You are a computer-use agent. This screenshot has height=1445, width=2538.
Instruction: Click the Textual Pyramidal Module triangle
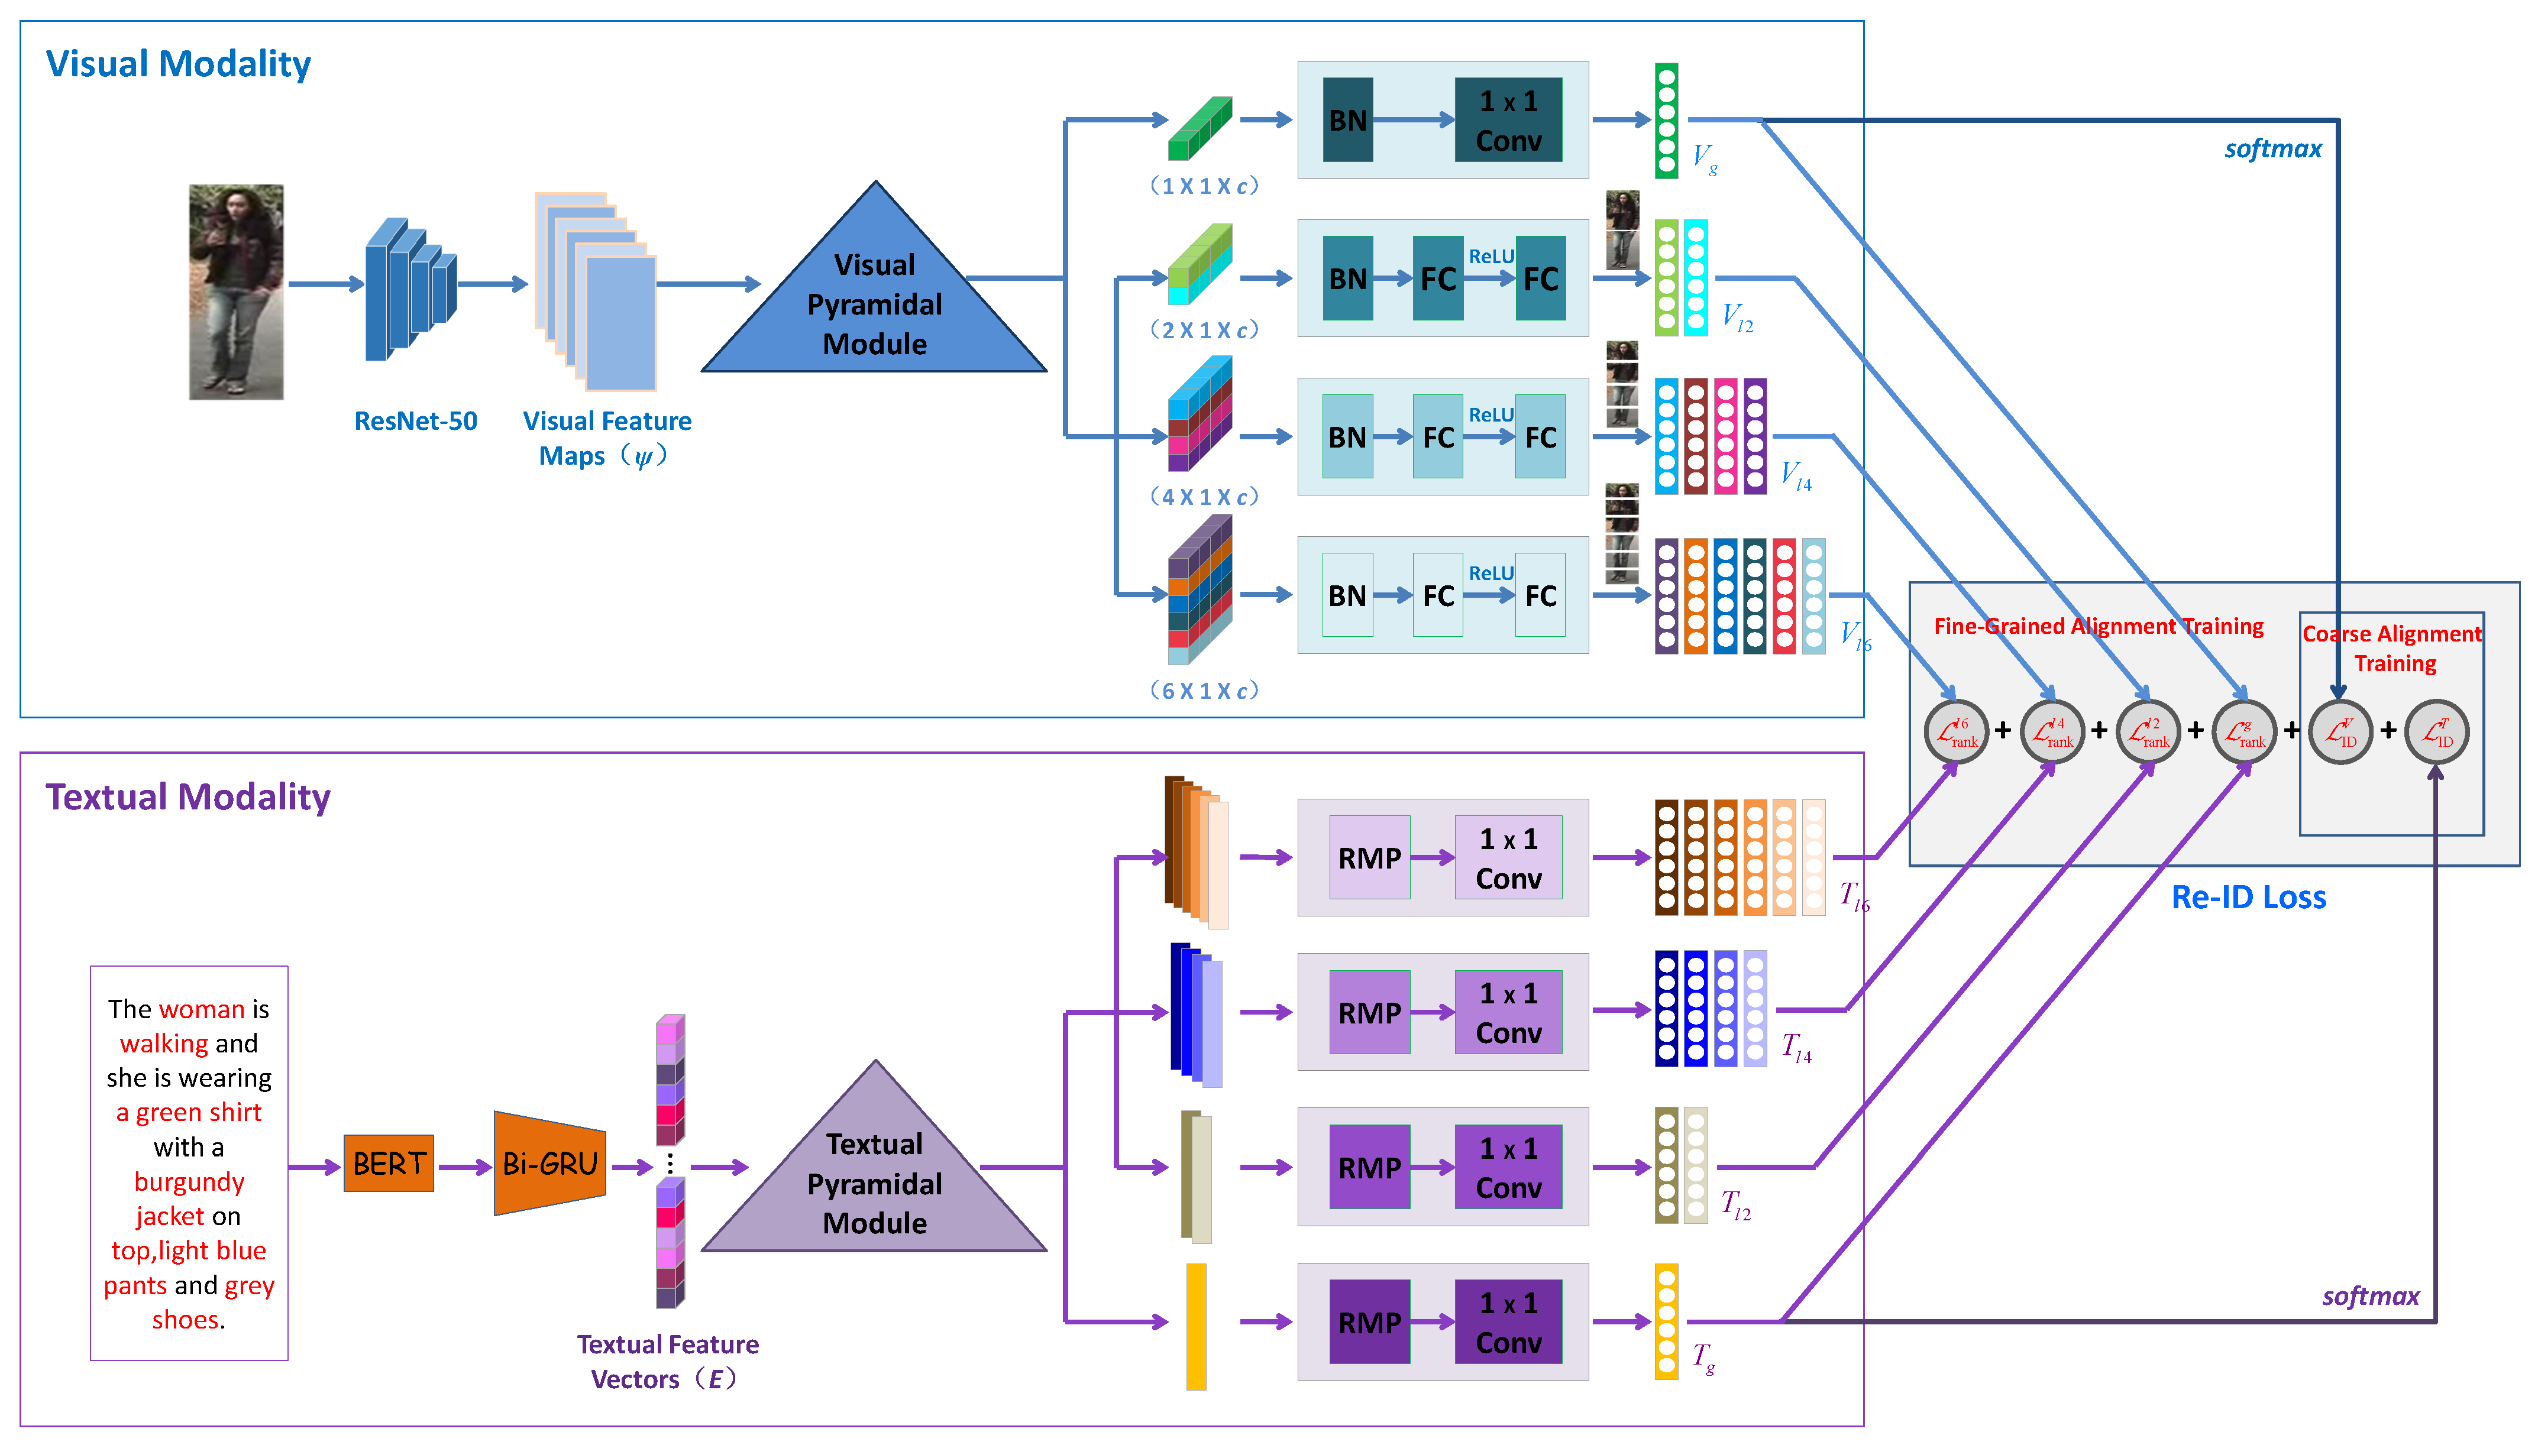pyautogui.click(x=874, y=1182)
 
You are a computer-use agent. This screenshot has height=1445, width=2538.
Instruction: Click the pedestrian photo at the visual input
pyautogui.click(x=236, y=292)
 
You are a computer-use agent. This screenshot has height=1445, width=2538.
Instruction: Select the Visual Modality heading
pyautogui.click(x=179, y=63)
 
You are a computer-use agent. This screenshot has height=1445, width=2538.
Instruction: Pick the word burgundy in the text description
pyautogui.click(x=189, y=1181)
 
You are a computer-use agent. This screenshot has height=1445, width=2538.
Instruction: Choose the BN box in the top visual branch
pyautogui.click(x=1347, y=120)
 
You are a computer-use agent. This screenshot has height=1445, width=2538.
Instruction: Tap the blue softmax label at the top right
pyautogui.click(x=2272, y=149)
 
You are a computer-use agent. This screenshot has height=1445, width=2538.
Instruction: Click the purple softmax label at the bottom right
pyautogui.click(x=2369, y=1295)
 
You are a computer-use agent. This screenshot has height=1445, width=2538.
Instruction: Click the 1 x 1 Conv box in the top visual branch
pyautogui.click(x=1508, y=120)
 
